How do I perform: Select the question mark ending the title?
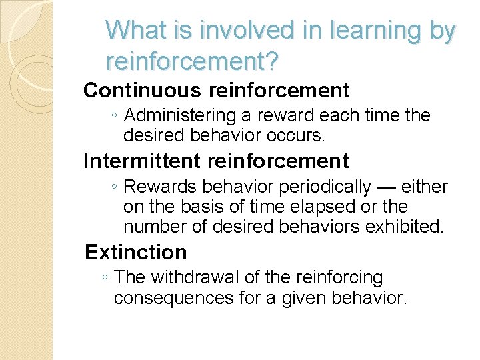point(273,62)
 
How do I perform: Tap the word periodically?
point(325,187)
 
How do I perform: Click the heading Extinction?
point(136,252)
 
